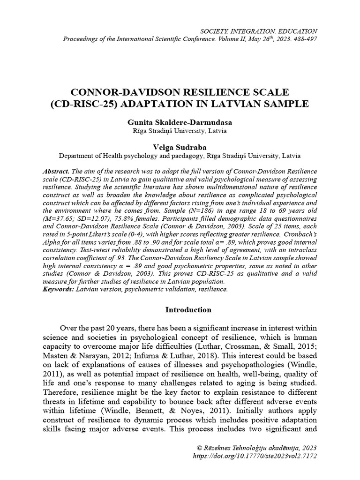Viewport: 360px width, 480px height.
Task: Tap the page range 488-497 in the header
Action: click(x=303, y=38)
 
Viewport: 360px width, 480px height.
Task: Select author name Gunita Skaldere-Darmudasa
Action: click(x=180, y=122)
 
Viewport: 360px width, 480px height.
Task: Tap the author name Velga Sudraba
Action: click(x=180, y=147)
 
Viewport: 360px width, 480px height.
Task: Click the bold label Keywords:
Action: click(x=58, y=290)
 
